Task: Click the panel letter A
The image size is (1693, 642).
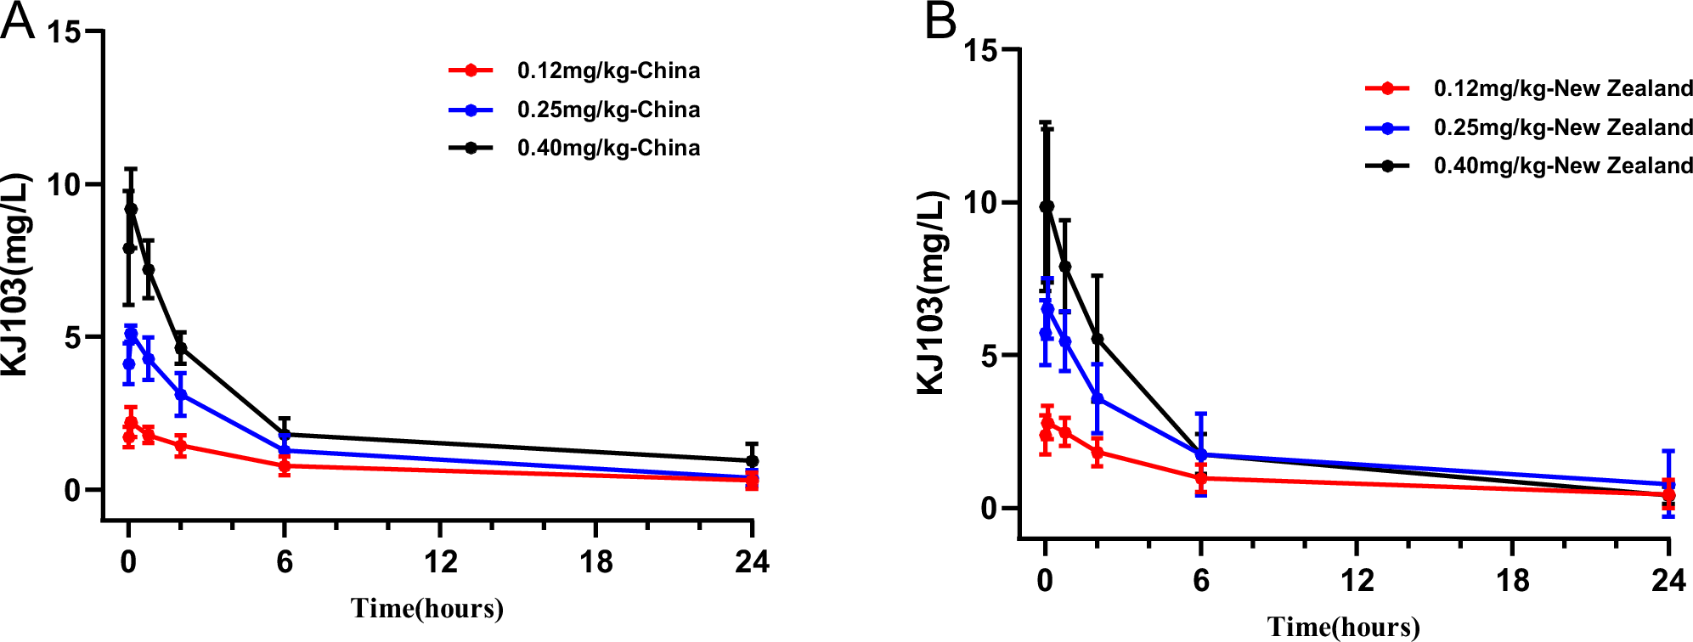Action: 17,20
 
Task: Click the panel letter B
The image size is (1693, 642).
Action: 940,20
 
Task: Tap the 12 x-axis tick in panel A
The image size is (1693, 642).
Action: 440,562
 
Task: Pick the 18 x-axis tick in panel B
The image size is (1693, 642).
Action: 1512,581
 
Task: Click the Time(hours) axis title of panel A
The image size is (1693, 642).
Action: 427,609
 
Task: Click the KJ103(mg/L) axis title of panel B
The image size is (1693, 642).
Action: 931,293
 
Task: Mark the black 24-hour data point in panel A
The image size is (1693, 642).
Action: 752,461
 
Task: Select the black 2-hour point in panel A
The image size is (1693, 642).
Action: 181,348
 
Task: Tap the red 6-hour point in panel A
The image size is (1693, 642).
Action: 285,466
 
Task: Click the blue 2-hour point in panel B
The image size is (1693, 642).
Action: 1098,398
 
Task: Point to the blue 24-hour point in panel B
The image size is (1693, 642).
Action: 1668,484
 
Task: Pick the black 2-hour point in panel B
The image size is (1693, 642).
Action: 1098,339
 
